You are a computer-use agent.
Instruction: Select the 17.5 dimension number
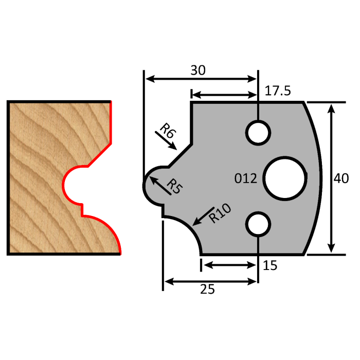278,91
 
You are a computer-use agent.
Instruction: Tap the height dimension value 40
341,178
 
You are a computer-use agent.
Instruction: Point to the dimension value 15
270,265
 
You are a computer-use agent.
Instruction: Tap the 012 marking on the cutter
245,178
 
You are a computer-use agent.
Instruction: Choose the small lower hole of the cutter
258,224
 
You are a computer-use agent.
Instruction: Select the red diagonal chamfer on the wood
100,155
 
